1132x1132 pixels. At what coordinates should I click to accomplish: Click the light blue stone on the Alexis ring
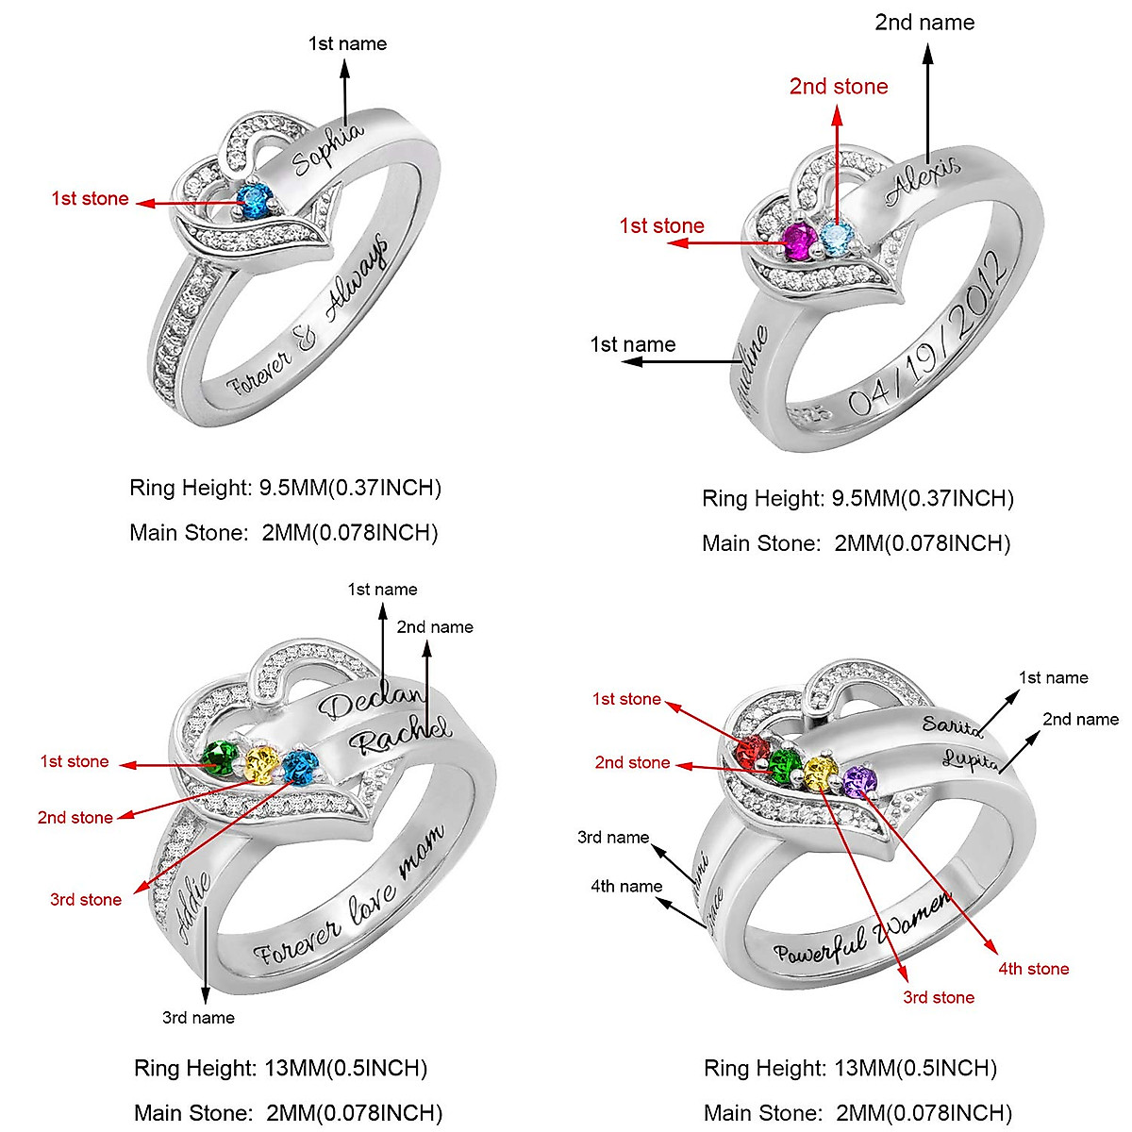pyautogui.click(x=836, y=238)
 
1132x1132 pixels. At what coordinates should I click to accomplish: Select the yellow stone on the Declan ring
pyautogui.click(x=262, y=764)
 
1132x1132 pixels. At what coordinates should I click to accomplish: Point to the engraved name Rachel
pyautogui.click(x=400, y=734)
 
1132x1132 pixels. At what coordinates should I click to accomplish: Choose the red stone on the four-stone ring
pyautogui.click(x=755, y=752)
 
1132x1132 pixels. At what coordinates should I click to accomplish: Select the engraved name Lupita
pyautogui.click(x=970, y=760)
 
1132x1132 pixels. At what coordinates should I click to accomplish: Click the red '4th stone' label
pyautogui.click(x=1034, y=969)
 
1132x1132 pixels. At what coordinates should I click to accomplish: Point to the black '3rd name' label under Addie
pyautogui.click(x=198, y=1018)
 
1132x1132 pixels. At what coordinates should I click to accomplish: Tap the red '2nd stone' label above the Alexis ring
pyautogui.click(x=839, y=87)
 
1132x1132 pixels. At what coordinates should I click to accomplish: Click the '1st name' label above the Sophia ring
pyautogui.click(x=347, y=43)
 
